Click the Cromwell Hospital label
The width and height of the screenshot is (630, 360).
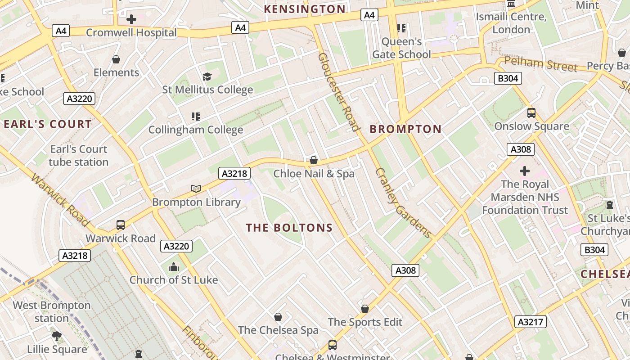131,33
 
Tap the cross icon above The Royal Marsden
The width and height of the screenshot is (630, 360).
525,171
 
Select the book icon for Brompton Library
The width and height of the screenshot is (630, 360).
196,189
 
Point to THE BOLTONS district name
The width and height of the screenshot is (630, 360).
289,228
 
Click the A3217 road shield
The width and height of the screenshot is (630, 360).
531,322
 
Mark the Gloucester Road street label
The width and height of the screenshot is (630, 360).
339,92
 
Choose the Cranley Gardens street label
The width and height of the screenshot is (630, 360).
404,203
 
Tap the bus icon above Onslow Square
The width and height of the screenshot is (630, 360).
531,113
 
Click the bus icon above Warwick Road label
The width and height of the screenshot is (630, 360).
121,225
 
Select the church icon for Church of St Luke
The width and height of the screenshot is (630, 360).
174,267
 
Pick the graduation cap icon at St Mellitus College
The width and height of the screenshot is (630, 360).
207,76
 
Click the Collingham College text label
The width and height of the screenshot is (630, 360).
196,130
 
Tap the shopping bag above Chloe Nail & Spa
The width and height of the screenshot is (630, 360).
314,160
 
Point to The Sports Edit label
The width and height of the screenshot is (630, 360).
365,322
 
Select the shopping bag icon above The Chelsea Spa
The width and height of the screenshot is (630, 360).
278,317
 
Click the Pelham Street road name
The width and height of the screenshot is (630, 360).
540,64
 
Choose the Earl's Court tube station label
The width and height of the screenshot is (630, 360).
79,156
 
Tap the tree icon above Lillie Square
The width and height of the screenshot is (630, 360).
57,336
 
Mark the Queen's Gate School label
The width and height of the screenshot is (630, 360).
401,48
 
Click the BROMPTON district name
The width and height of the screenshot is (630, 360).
405,130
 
